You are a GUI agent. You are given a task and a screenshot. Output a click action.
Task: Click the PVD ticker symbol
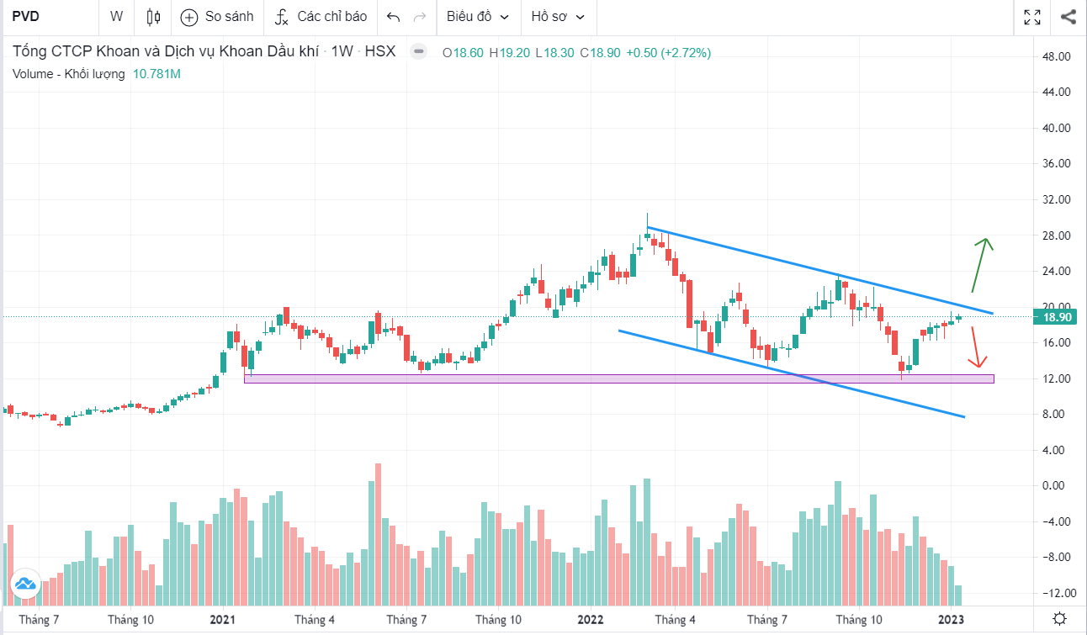[x=26, y=16]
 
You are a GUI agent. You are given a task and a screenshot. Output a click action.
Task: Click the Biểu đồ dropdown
[x=478, y=16]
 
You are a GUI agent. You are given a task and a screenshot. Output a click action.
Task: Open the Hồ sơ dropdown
[x=558, y=16]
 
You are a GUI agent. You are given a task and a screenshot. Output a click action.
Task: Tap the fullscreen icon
[x=1032, y=16]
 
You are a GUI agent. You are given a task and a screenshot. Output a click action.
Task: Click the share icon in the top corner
[x=1068, y=16]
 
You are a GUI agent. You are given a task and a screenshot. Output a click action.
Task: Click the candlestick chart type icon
[x=153, y=16]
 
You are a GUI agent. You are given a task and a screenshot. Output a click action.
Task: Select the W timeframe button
[x=116, y=16]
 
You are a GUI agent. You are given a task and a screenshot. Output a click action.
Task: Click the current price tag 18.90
[x=1056, y=317]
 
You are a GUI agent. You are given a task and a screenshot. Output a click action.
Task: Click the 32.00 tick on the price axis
[x=1056, y=200]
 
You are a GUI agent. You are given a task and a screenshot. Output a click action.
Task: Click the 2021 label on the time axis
[x=222, y=621]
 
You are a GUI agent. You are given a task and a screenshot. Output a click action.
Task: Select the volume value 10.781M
[x=156, y=74]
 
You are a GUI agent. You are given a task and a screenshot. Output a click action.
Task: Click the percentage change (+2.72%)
[x=686, y=53]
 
